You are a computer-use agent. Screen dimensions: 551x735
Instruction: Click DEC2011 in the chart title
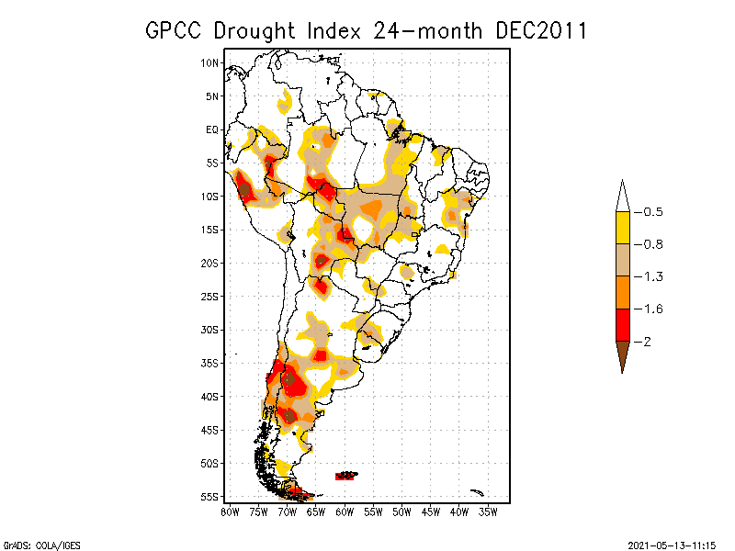pos(540,30)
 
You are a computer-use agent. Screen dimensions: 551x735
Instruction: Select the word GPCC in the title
pos(175,30)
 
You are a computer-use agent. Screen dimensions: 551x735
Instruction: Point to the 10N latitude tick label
pos(209,62)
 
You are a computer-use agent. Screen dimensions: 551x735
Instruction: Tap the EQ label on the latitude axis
pos(212,129)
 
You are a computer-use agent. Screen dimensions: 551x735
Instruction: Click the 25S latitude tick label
pos(209,297)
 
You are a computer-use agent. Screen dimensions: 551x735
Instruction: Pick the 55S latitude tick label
pos(209,497)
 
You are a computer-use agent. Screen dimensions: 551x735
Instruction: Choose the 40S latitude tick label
pos(209,397)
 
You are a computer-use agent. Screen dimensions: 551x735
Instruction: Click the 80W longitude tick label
pos(230,512)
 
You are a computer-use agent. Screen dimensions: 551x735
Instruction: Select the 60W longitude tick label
pos(345,512)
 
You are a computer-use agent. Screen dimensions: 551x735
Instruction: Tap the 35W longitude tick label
pos(489,512)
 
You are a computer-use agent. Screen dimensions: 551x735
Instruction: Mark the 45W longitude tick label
pos(431,512)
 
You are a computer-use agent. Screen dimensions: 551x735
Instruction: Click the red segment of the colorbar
pos(622,324)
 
